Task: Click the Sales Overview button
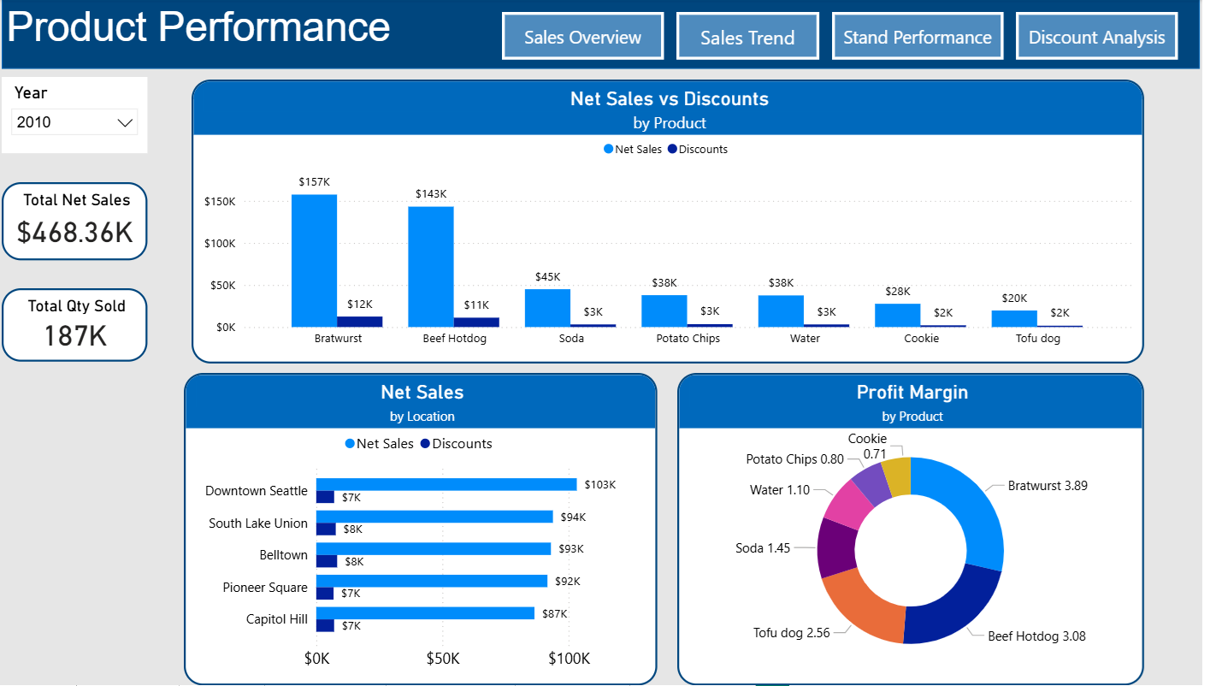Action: (x=582, y=37)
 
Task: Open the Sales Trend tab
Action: (x=747, y=37)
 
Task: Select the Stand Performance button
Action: (x=917, y=37)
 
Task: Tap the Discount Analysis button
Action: (x=1096, y=37)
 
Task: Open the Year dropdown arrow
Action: (x=125, y=123)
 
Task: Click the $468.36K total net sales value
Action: (x=75, y=232)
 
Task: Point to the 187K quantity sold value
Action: (x=75, y=336)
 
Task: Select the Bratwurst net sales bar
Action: (x=314, y=261)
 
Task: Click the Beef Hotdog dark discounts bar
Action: (x=476, y=322)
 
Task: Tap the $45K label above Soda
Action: (x=547, y=277)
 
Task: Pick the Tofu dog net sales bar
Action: (x=1014, y=318)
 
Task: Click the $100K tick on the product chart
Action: (x=219, y=244)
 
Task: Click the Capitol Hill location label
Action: (x=276, y=618)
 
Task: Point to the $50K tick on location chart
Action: (x=443, y=659)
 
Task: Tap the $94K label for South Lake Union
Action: (x=572, y=517)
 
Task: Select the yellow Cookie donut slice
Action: (x=897, y=476)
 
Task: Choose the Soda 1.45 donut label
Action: (x=763, y=547)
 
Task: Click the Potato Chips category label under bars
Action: (x=688, y=338)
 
